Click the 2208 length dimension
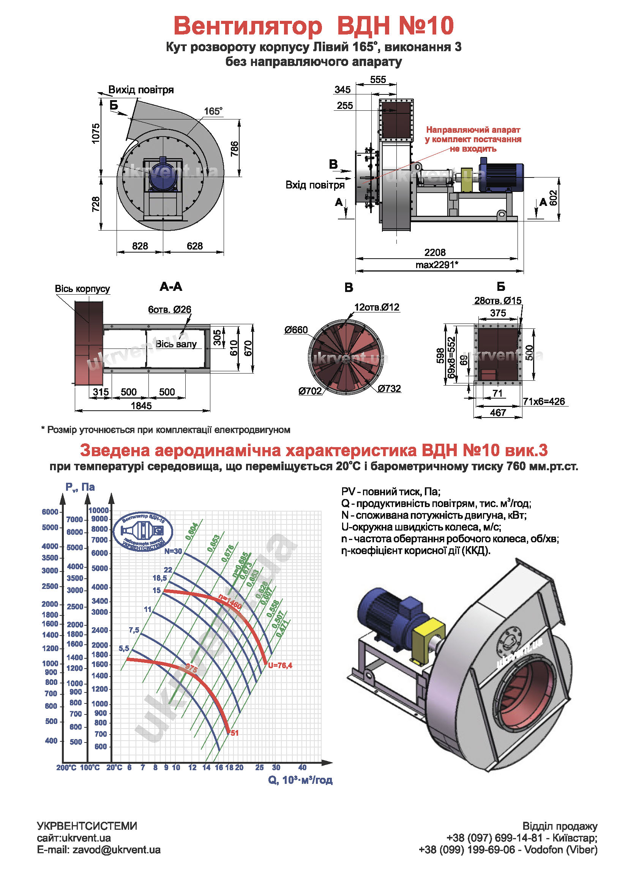point(435,253)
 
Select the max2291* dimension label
point(437,265)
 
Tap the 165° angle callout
point(213,111)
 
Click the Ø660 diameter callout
point(296,330)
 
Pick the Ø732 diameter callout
point(389,389)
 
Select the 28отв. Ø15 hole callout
point(498,301)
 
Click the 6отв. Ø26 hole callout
point(169,309)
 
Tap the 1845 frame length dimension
point(141,406)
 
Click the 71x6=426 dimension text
point(544,402)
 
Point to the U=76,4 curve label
point(280,665)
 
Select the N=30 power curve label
point(173,551)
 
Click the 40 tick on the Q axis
point(302,767)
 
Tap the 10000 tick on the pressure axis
point(99,510)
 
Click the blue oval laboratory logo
point(143,532)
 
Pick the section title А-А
point(170,287)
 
